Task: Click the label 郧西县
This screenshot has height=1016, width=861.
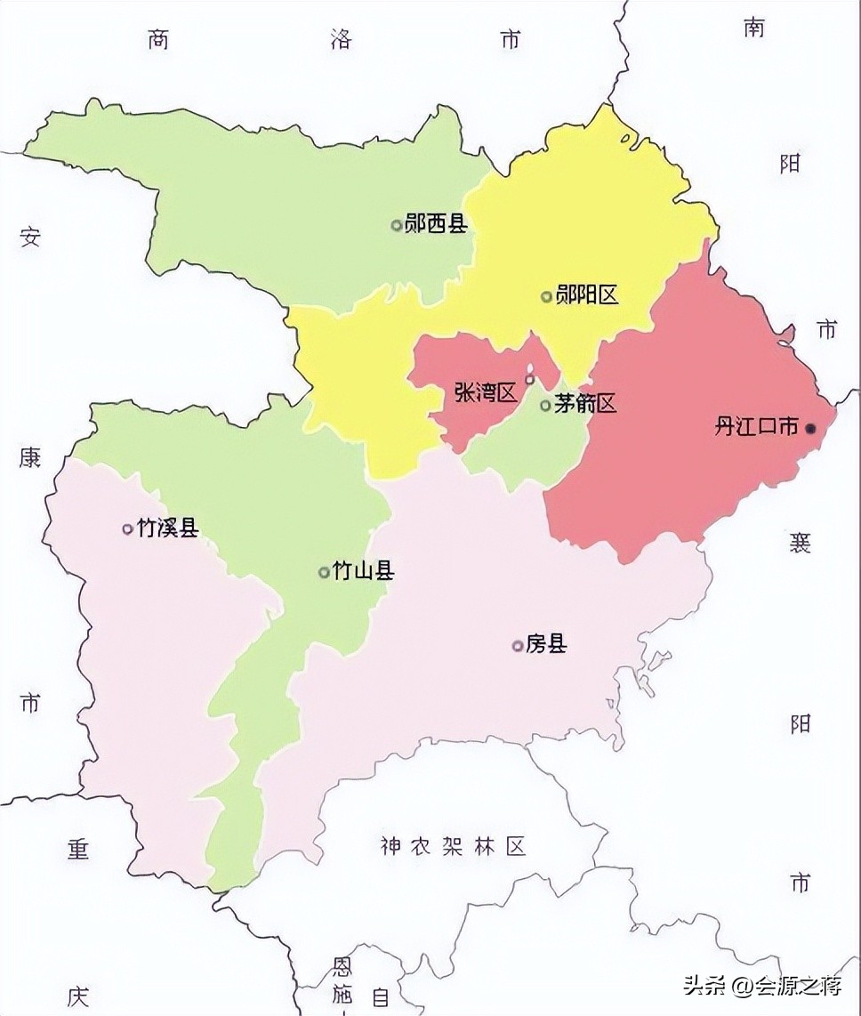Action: [x=436, y=224]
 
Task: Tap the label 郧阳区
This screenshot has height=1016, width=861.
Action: [x=586, y=295]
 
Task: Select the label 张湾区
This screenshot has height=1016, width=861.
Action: [x=486, y=392]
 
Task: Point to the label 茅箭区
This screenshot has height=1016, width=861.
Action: [x=584, y=405]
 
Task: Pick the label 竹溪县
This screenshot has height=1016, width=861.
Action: [x=168, y=528]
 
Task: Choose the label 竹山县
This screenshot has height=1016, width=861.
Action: [x=363, y=571]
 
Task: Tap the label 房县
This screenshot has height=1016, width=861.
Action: [x=546, y=645]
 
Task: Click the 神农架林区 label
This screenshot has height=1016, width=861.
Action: [x=453, y=846]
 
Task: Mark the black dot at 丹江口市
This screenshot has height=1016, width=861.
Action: [x=810, y=429]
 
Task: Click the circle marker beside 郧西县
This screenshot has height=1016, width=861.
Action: [x=397, y=225]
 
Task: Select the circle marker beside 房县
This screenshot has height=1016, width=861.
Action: [x=518, y=646]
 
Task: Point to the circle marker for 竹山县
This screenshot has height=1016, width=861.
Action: [x=324, y=572]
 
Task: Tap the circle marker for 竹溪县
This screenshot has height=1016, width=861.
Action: [x=127, y=529]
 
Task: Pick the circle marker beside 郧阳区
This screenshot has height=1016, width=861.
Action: [x=547, y=296]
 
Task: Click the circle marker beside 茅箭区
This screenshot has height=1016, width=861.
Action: [x=546, y=406]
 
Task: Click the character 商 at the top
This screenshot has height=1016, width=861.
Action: [x=158, y=40]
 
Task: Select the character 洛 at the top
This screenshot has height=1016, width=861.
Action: [x=341, y=40]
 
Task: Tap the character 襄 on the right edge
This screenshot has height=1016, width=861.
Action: [x=800, y=541]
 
